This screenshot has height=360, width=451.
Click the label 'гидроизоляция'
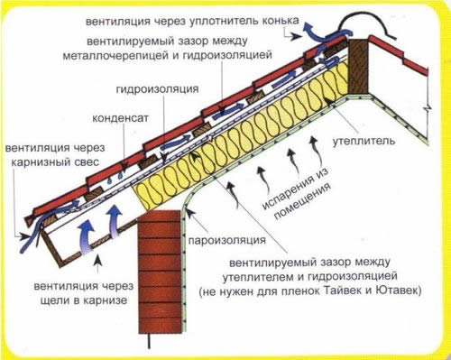pyautogui.click(x=153, y=90)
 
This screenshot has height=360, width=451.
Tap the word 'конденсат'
pyautogui.click(x=120, y=117)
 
